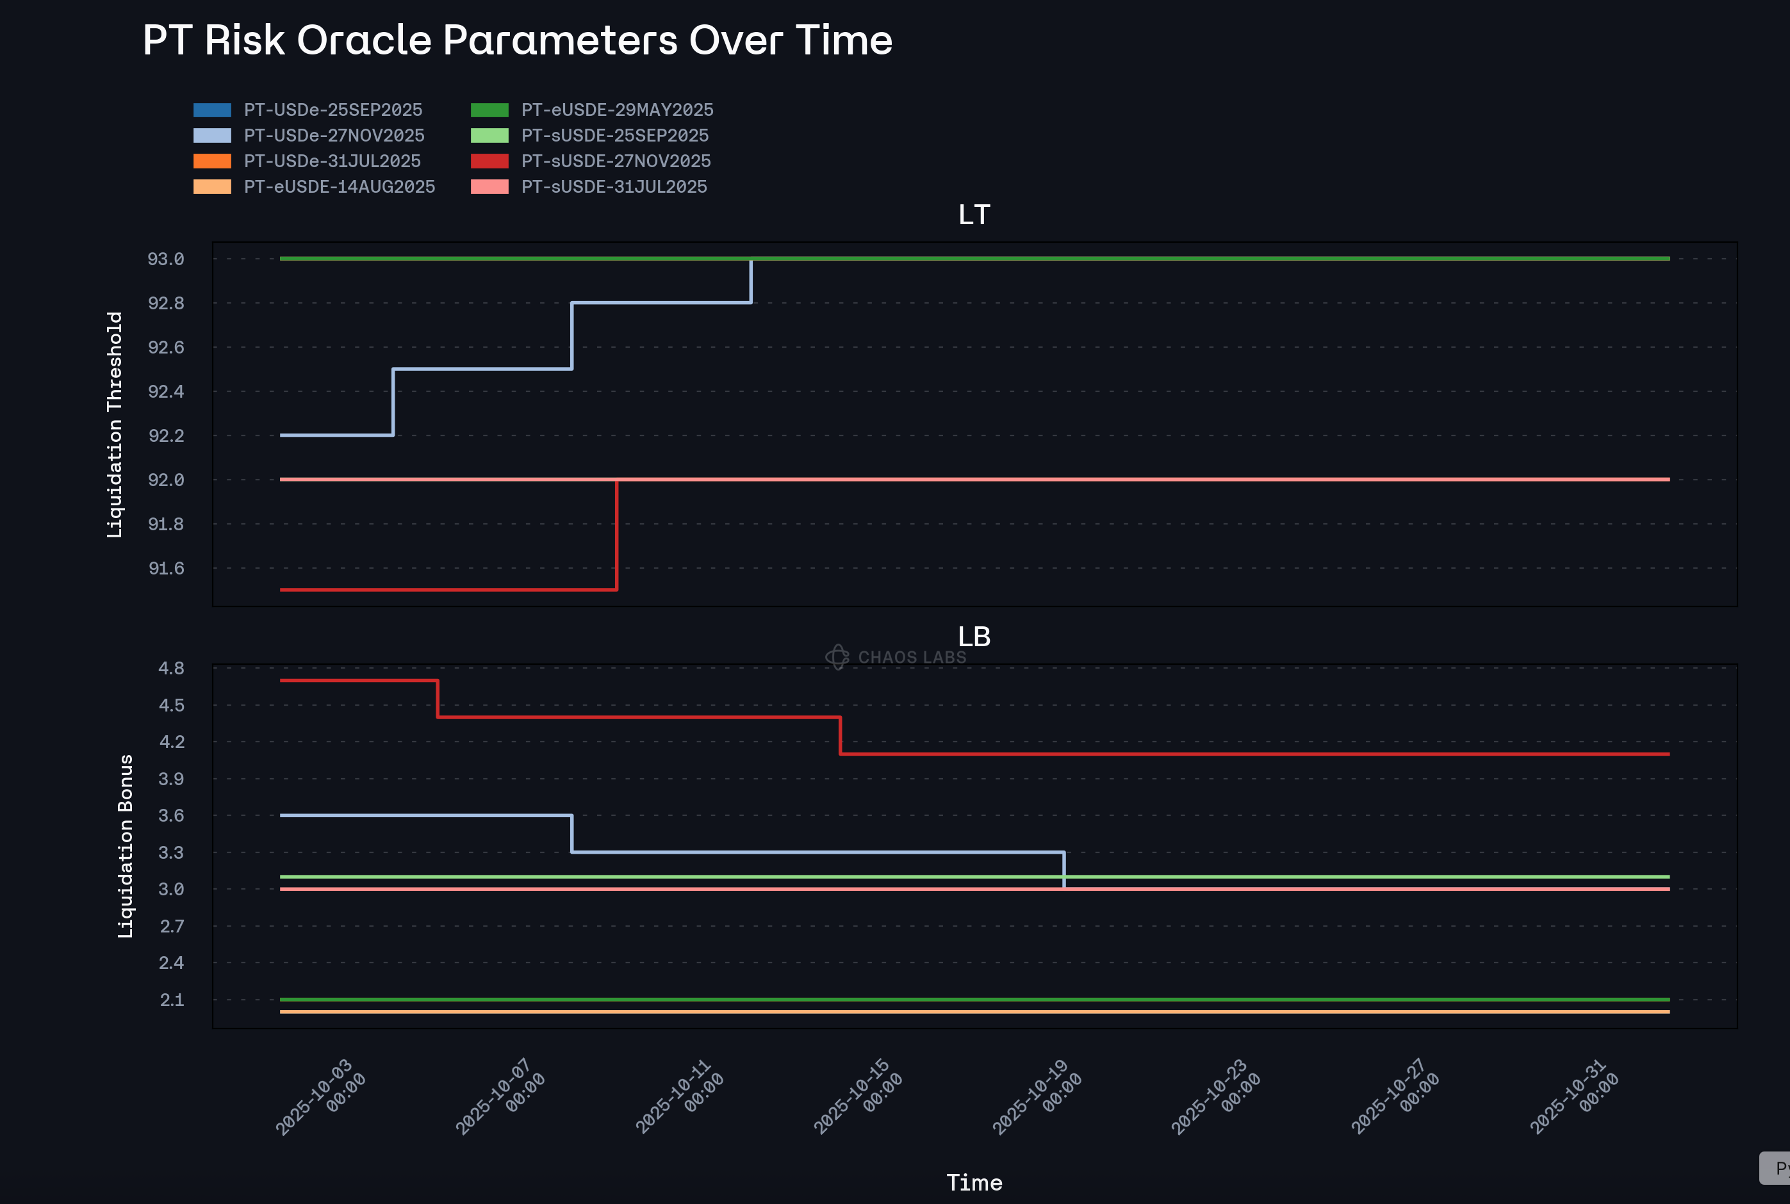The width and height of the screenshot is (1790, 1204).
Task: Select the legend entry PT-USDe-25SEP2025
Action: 333,110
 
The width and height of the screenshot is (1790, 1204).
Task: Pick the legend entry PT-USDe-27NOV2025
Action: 334,135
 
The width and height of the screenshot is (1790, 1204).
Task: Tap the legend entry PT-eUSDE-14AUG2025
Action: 340,186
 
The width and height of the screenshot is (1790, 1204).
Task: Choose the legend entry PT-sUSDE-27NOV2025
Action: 616,161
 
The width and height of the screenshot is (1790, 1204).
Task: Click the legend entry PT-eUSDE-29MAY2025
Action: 618,110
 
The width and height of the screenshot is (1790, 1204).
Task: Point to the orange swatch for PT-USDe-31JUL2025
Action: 212,161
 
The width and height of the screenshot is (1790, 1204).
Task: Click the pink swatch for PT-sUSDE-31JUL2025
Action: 489,186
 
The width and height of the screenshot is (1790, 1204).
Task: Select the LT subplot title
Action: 974,215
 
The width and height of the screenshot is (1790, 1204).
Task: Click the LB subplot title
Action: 974,637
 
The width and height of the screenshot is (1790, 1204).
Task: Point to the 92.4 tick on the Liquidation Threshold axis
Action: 166,391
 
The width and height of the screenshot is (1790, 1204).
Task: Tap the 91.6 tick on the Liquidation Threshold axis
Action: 166,568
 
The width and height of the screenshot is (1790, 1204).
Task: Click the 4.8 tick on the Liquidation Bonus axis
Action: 171,668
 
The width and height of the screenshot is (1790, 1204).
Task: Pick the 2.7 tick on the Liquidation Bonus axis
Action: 171,926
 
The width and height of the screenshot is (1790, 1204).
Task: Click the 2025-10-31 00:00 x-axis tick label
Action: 1574,1096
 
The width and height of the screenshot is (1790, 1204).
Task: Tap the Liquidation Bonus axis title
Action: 125,845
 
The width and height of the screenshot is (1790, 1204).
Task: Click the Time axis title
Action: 974,1182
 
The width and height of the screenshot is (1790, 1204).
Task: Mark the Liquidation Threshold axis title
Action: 115,424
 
